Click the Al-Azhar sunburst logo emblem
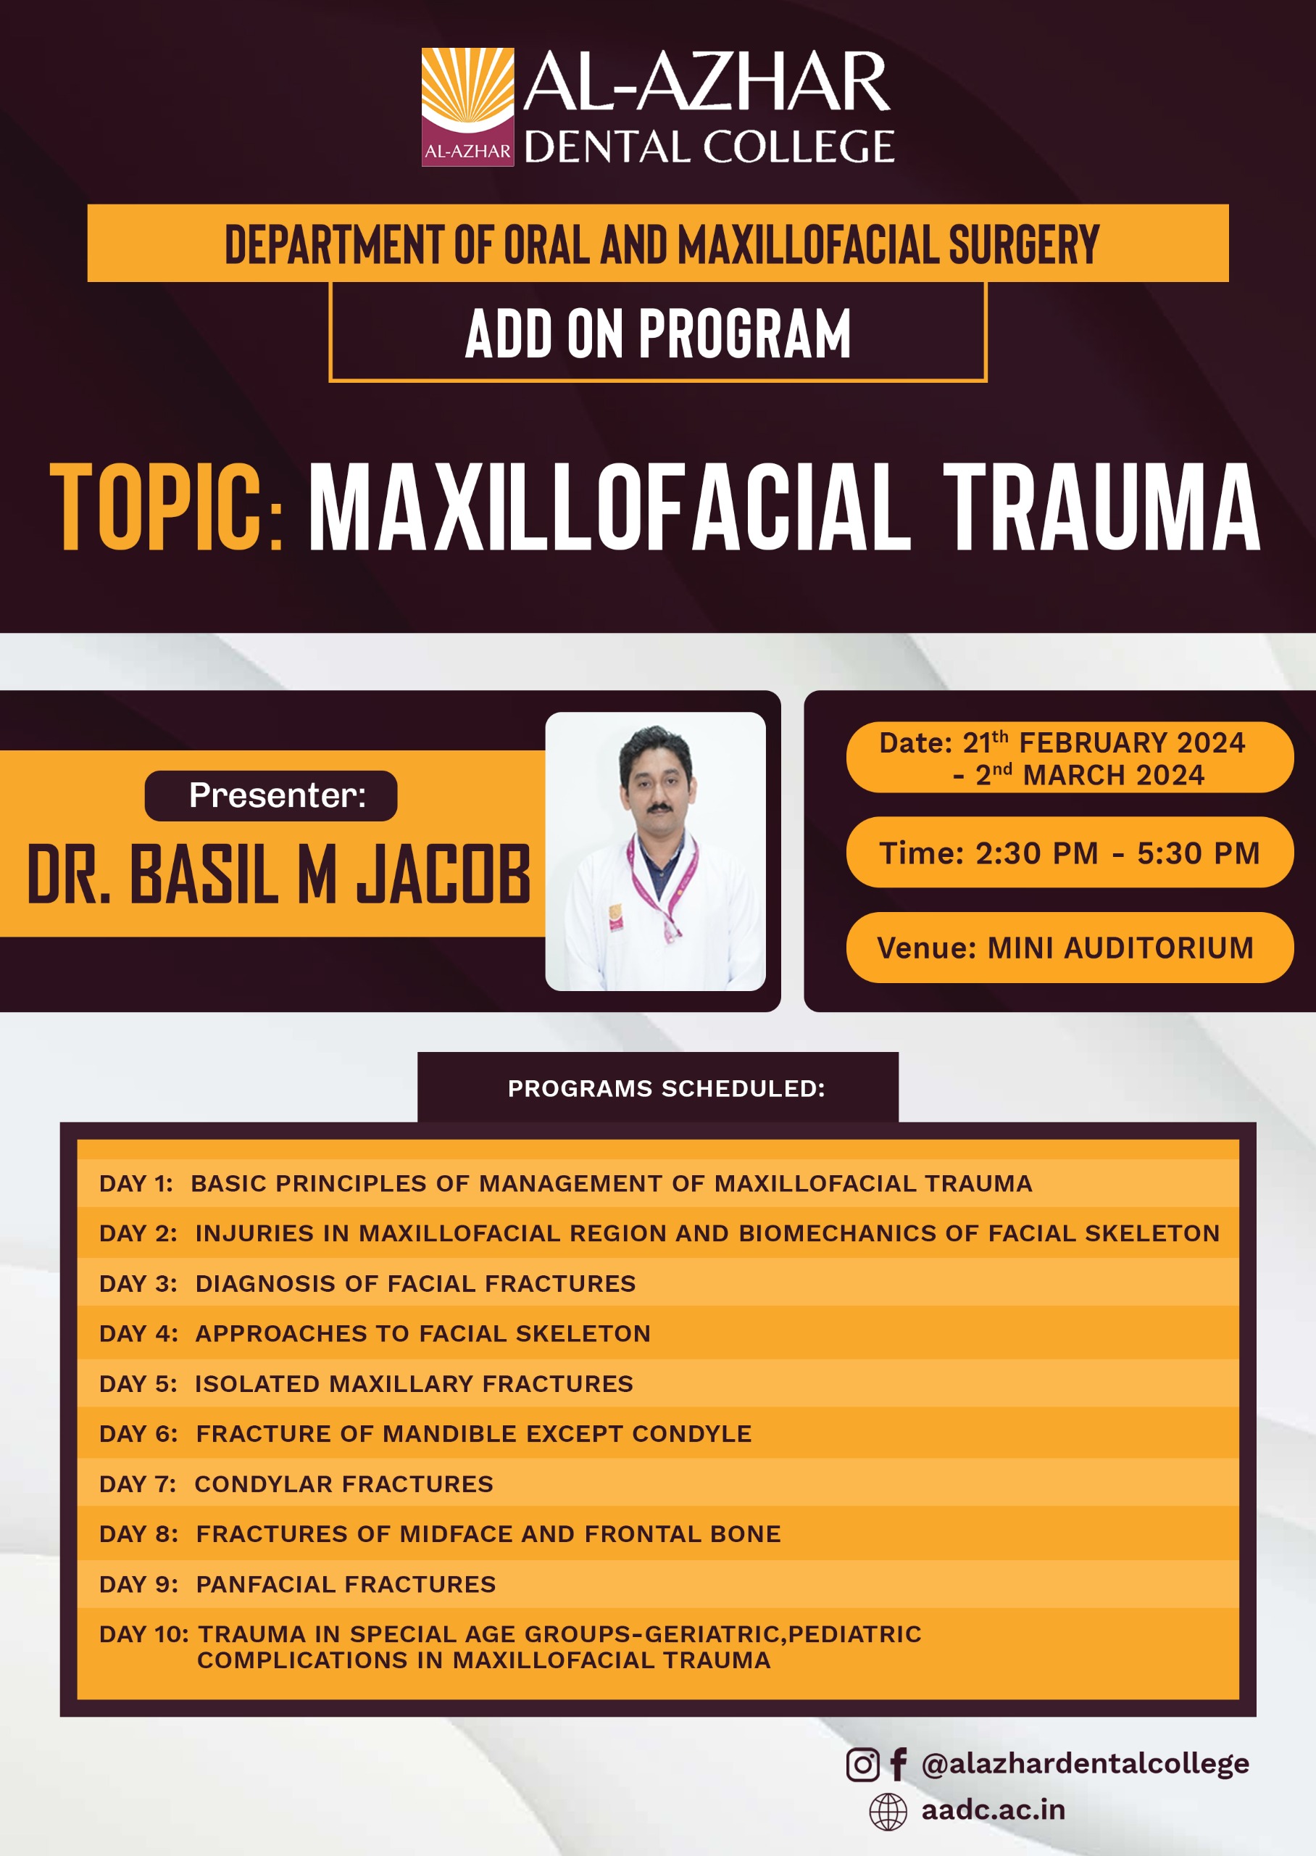point(467,107)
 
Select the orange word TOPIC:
point(167,507)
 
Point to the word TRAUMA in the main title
point(1102,507)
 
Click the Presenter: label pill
point(270,795)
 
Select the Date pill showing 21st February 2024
point(1070,757)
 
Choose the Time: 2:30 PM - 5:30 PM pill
point(1070,852)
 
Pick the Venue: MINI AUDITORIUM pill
point(1070,947)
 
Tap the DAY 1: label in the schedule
point(136,1183)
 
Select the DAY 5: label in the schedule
point(138,1383)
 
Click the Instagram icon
point(862,1765)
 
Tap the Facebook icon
point(898,1765)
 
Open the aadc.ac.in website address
point(993,1810)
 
